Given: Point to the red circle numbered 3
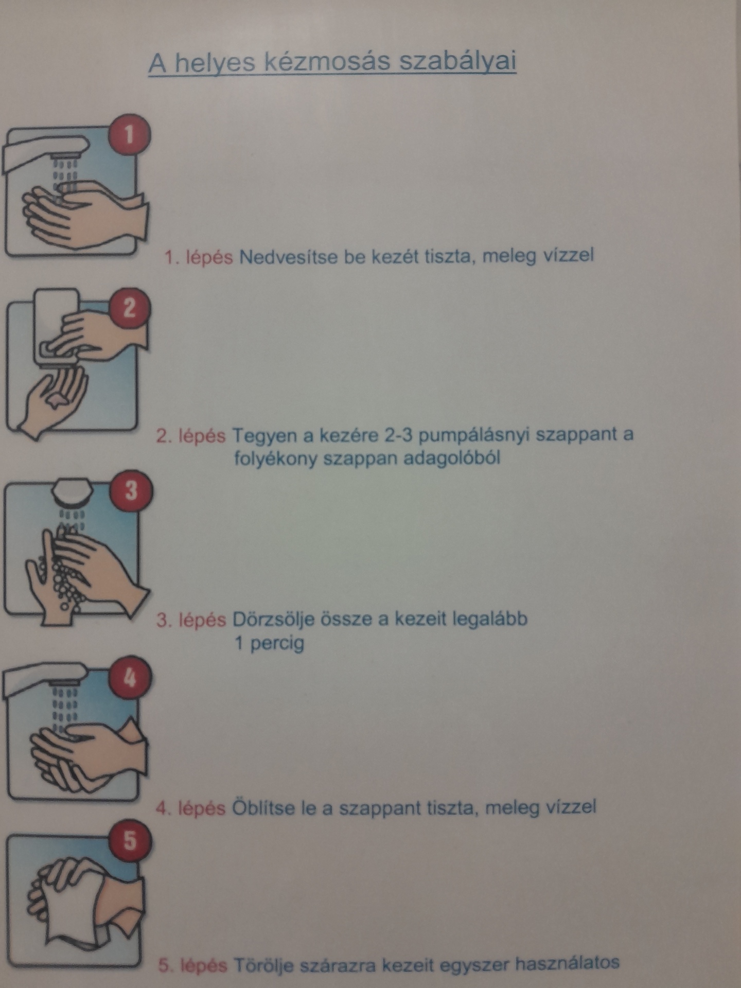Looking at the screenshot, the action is pyautogui.click(x=131, y=489).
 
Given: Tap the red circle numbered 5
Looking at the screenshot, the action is pyautogui.click(x=130, y=840).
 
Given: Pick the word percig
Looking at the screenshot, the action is pyautogui.click(x=277, y=644).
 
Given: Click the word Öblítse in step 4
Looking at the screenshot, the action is pyautogui.click(x=264, y=807).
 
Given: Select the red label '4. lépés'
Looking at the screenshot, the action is pyautogui.click(x=190, y=809).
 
